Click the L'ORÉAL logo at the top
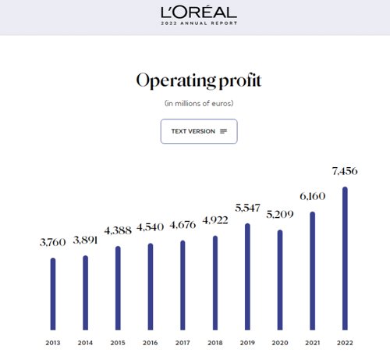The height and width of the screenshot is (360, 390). [x=199, y=12]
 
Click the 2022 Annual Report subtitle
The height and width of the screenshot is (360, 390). [x=199, y=23]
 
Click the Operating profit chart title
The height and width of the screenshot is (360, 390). [x=199, y=80]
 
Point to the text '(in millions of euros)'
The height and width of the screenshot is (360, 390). [x=199, y=103]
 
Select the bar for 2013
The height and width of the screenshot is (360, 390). [x=53, y=294]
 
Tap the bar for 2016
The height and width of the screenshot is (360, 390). [x=151, y=287]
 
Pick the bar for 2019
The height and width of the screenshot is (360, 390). [x=247, y=276]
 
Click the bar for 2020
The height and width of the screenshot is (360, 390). [x=280, y=280]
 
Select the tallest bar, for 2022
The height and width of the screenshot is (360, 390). [x=345, y=258]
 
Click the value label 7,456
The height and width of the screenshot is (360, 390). [x=345, y=171]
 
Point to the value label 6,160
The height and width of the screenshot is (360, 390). [x=313, y=196]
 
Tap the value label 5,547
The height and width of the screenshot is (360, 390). [x=247, y=208]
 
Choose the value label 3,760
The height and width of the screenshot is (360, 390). [x=53, y=242]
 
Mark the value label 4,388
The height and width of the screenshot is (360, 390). [x=118, y=230]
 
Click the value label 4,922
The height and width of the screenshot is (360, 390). [x=215, y=220]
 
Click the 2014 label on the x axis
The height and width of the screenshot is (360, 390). [x=85, y=343]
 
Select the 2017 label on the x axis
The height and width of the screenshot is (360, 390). [x=183, y=343]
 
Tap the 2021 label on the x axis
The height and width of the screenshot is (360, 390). [x=313, y=343]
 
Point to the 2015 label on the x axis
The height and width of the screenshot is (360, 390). [x=118, y=343]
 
